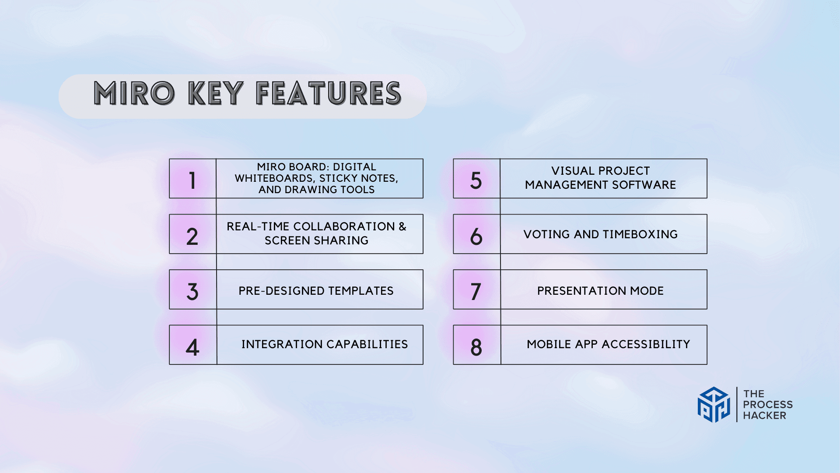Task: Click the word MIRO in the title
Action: (134, 93)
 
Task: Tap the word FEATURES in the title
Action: (329, 93)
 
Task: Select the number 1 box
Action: (192, 179)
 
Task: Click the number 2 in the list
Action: (192, 237)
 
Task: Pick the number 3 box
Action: (193, 289)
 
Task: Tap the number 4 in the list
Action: (192, 347)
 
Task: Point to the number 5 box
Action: (476, 179)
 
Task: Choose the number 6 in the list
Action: (476, 237)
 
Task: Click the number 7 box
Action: (477, 289)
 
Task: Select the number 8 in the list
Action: (476, 347)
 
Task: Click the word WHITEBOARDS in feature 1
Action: (274, 179)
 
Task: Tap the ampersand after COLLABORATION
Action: (402, 226)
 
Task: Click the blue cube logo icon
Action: (714, 405)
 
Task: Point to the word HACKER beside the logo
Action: (764, 416)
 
